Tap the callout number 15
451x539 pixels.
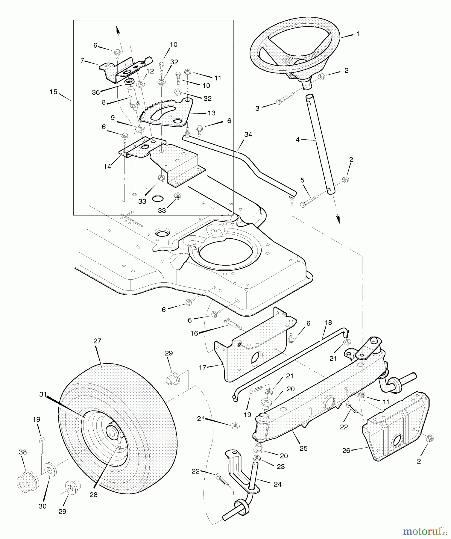(x=53, y=92)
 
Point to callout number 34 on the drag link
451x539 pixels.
(x=248, y=135)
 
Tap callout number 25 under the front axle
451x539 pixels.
(x=303, y=448)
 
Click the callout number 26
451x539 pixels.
(x=346, y=450)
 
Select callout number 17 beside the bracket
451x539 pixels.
(x=203, y=367)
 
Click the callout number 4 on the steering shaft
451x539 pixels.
(x=297, y=140)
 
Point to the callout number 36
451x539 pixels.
(x=96, y=93)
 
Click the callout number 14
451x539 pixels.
(x=107, y=166)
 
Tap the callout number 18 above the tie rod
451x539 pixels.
(x=328, y=323)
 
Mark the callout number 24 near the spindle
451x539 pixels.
(x=277, y=484)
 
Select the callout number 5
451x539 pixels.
(x=302, y=180)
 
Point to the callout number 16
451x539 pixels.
(x=195, y=333)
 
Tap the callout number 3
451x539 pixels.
(x=257, y=108)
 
